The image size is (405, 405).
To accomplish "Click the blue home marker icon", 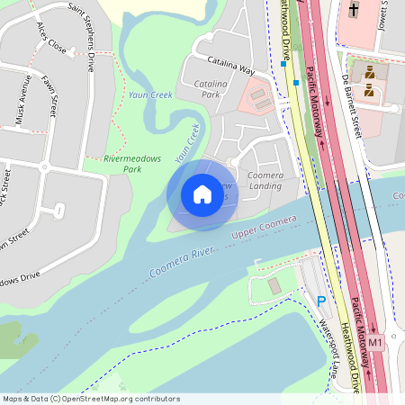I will tap(202, 193).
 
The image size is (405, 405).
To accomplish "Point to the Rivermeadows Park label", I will tap(132, 163).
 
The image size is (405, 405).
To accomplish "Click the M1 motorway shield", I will tap(375, 342).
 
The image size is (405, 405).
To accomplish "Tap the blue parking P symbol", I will tap(320, 301).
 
